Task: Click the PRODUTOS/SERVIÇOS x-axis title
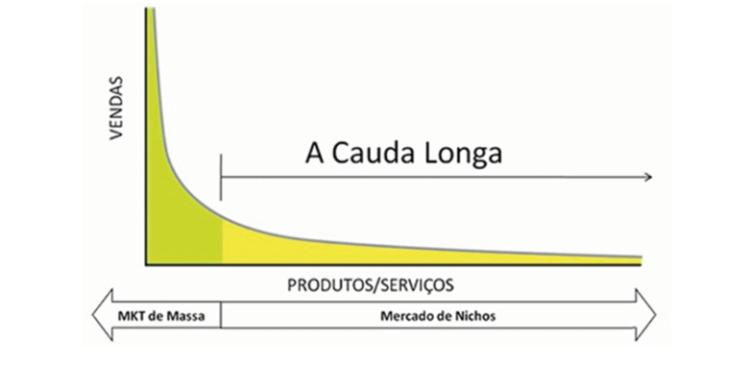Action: pos(371,285)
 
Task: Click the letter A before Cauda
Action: pos(313,155)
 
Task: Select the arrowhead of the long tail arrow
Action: pos(648,177)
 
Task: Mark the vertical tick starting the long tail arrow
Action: pos(221,177)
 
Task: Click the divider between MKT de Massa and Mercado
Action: pos(221,315)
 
